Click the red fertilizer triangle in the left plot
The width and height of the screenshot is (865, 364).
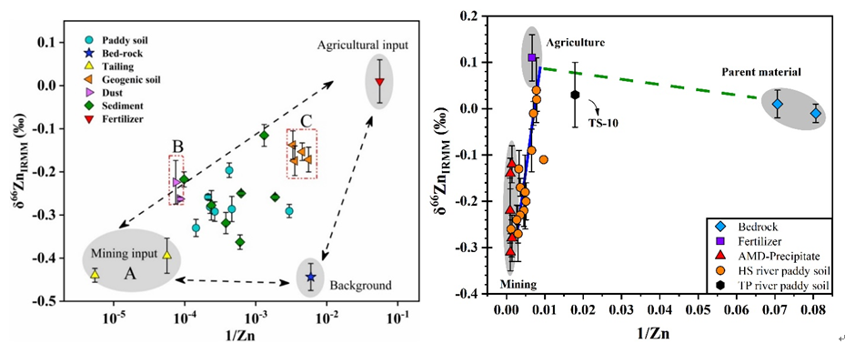[x=380, y=82]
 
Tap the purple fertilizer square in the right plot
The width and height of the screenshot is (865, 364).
[x=532, y=57]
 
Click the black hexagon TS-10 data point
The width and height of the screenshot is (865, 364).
[x=575, y=94]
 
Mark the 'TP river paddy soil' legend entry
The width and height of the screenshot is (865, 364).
[x=776, y=285]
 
